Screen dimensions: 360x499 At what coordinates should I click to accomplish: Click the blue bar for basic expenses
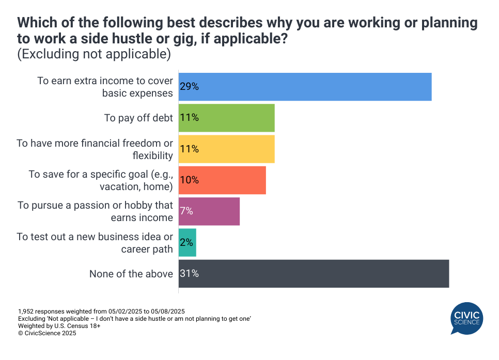[305, 87]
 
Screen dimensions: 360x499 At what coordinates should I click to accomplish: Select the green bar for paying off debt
[226, 118]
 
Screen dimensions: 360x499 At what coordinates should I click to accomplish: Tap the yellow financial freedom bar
[226, 149]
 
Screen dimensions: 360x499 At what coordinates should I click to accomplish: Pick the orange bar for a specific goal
[222, 180]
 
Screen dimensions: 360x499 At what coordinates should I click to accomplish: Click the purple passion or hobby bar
[209, 211]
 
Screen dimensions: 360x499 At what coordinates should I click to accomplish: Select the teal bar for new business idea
[188, 243]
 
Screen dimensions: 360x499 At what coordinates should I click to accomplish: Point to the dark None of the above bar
[314, 274]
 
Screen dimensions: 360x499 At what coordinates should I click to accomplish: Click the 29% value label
[190, 87]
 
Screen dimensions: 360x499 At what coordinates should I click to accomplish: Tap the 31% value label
[190, 274]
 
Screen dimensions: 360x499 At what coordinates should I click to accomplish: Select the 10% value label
[190, 180]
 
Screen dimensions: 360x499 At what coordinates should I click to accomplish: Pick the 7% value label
[186, 211]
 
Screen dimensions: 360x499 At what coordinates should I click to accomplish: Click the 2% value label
[186, 243]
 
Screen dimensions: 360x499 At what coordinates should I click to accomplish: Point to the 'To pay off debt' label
[138, 118]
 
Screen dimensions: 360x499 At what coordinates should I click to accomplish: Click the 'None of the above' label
[131, 274]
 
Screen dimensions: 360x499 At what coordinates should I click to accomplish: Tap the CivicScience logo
[466, 318]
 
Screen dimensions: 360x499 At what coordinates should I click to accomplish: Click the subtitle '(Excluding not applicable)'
[94, 54]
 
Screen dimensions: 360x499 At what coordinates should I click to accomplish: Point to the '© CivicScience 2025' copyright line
[47, 334]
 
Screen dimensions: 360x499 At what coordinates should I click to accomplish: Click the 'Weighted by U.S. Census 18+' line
[56, 326]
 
